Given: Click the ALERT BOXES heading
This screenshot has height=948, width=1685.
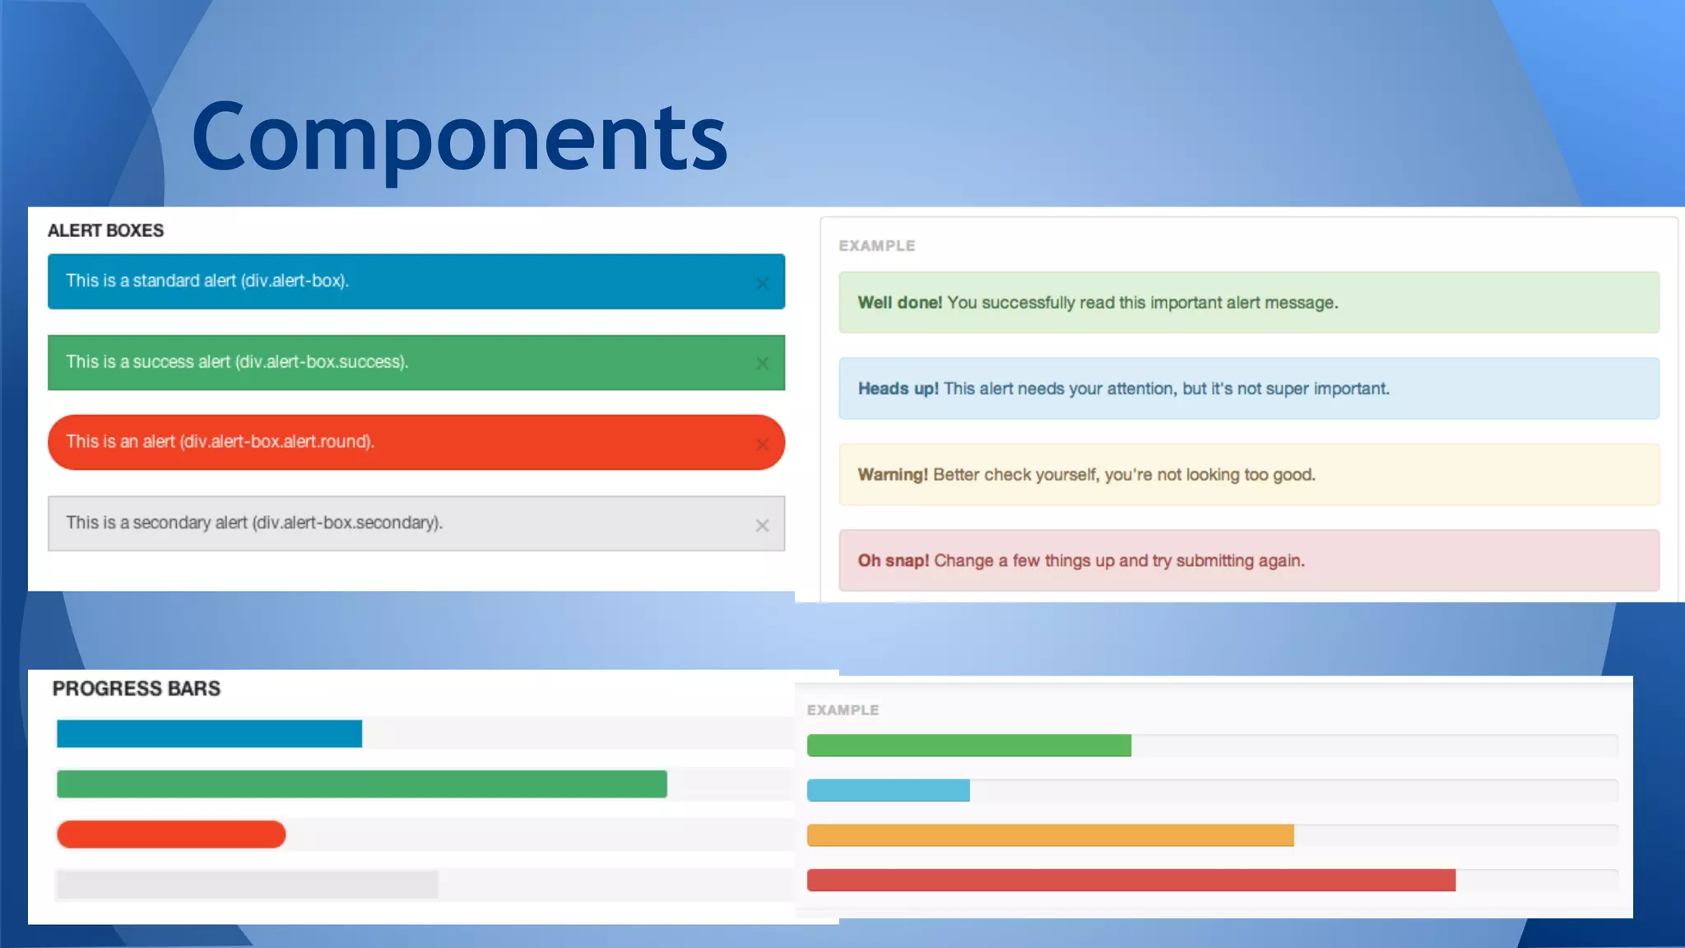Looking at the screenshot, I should (x=105, y=231).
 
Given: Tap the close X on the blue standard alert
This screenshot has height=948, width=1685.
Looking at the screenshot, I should (x=762, y=284).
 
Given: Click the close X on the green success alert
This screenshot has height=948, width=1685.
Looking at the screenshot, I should (x=762, y=364).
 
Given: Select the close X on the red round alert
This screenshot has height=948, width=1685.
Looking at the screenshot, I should (x=762, y=444).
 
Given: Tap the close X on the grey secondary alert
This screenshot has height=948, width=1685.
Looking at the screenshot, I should (x=762, y=526).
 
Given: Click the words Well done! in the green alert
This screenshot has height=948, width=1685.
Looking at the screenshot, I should (x=899, y=303).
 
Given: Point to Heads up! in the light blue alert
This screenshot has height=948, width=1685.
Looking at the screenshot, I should (x=898, y=389).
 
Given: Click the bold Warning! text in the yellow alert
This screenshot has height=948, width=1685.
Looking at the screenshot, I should (x=893, y=475).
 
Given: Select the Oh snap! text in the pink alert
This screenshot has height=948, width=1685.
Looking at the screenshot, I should (x=893, y=561).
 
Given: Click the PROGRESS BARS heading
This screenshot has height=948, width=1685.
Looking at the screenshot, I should (x=137, y=689).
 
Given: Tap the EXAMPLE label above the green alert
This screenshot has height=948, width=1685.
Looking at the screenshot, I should (x=876, y=246).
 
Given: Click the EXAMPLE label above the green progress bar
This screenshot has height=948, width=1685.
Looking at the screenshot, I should (x=842, y=710).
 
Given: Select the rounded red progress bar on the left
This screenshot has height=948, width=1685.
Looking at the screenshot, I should (x=171, y=834).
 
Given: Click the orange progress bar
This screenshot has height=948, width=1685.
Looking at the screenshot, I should (x=1050, y=835).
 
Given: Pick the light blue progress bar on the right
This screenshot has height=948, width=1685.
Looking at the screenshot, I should (x=888, y=791).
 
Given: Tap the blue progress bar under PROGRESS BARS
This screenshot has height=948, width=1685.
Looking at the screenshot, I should (x=209, y=734).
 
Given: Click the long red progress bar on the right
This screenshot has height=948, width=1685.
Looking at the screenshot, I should (x=1130, y=881).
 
